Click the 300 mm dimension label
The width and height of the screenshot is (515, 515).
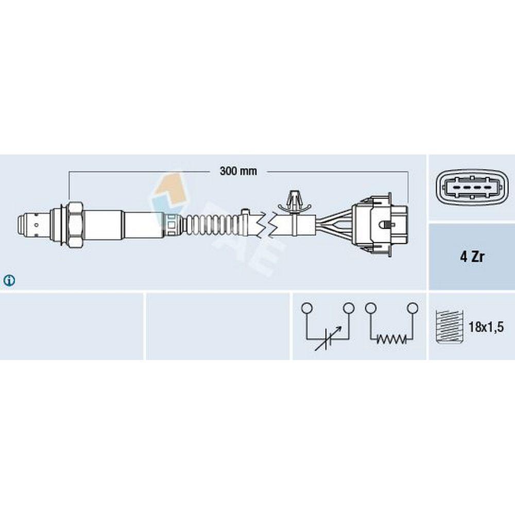click(x=238, y=171)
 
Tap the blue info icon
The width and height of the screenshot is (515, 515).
click(x=9, y=280)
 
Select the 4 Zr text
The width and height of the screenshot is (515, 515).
click(x=472, y=256)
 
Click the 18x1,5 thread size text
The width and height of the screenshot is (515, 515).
click(x=486, y=327)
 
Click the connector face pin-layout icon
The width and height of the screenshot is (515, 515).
click(x=472, y=187)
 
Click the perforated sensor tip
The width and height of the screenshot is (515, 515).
click(x=33, y=225)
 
